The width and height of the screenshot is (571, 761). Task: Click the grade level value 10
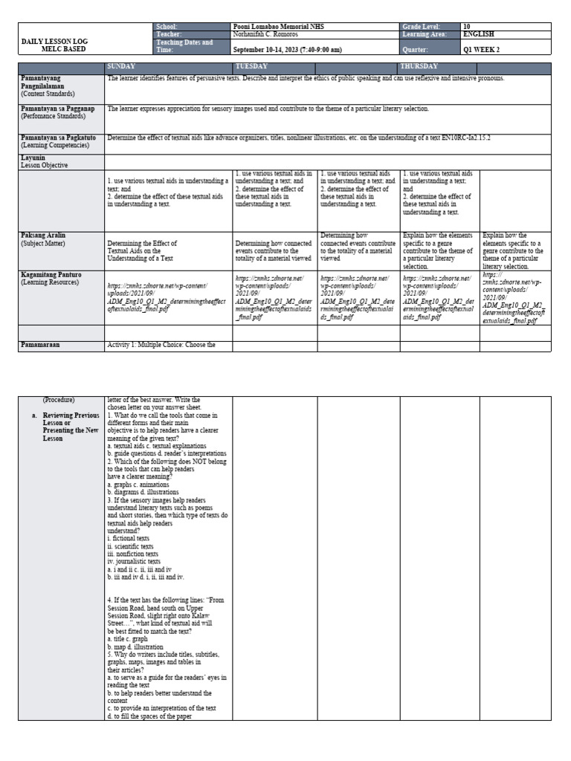point(466,26)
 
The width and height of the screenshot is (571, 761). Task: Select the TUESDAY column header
point(252,67)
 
